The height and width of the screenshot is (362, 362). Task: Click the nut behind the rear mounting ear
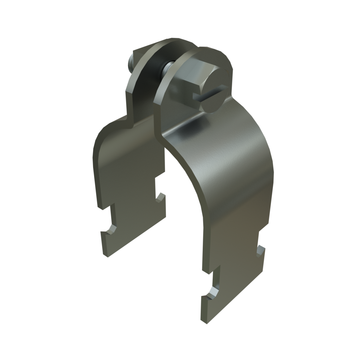coord(133,64)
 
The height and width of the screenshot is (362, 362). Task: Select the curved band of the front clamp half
coord(230,171)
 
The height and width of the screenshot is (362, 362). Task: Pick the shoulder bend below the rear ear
coord(128,118)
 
